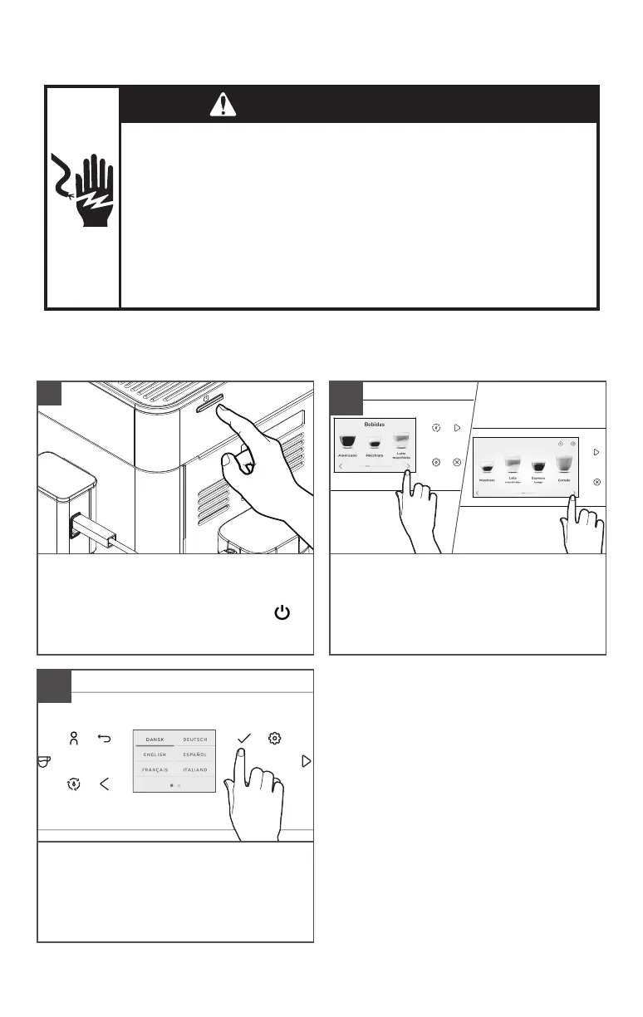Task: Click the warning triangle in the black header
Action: [223, 104]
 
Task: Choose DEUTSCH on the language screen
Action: [195, 739]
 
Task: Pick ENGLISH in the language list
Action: [154, 754]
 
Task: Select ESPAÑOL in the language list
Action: [195, 754]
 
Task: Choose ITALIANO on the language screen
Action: [195, 770]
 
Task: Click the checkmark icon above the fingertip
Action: [244, 738]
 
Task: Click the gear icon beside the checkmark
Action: [275, 738]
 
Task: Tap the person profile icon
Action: [74, 738]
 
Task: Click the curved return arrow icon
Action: [105, 738]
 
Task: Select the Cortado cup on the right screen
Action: [564, 464]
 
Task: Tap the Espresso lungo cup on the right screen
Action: [538, 467]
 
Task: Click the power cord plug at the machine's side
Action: [75, 524]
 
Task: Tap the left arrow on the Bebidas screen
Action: [340, 467]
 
